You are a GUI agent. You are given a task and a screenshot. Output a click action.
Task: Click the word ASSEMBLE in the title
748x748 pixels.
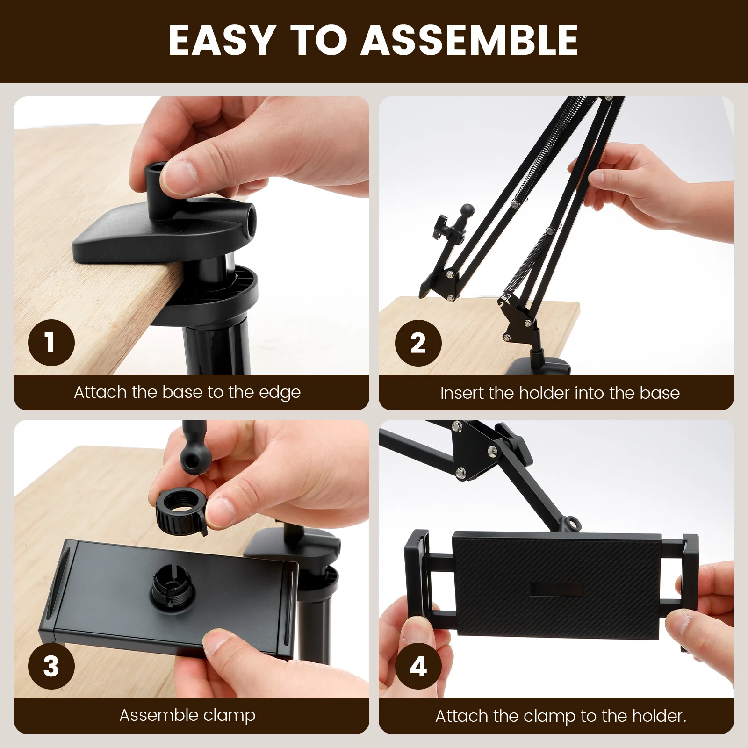pyautogui.click(x=469, y=40)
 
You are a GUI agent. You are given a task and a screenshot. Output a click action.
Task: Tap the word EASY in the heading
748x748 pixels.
pyautogui.click(x=222, y=40)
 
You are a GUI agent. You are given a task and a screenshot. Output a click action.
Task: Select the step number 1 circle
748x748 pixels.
pyautogui.click(x=51, y=343)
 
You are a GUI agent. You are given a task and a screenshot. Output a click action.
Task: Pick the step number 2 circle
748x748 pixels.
pyautogui.click(x=418, y=343)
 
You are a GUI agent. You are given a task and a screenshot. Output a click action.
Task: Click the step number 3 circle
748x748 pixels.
pyautogui.click(x=51, y=666)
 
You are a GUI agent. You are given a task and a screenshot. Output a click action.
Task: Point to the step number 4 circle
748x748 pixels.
pyautogui.click(x=418, y=666)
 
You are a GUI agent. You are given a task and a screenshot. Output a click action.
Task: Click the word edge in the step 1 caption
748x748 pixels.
pyautogui.click(x=280, y=393)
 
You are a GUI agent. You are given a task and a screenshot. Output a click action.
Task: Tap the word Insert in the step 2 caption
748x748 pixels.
pyautogui.click(x=462, y=393)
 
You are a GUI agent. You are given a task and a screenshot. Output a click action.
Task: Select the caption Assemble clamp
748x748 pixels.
pyautogui.click(x=187, y=715)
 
